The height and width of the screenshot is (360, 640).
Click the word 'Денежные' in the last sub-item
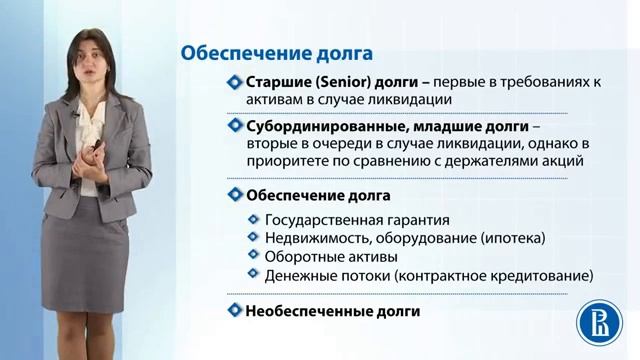point(299,274)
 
